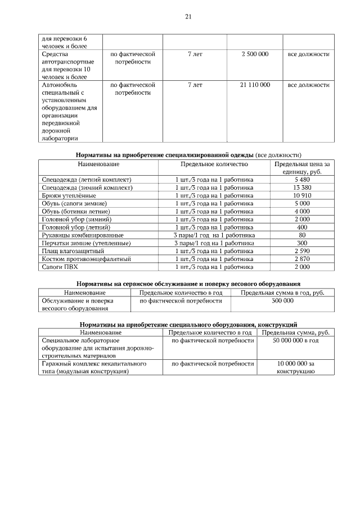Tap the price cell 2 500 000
(x=254, y=54)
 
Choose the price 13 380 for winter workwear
(x=302, y=187)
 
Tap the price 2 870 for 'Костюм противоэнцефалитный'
(x=302, y=259)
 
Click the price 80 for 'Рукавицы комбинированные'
(x=302, y=235)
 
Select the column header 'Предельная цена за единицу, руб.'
(x=302, y=167)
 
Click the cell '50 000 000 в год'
(x=295, y=341)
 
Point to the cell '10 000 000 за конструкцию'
(x=295, y=368)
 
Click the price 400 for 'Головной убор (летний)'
(x=302, y=227)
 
